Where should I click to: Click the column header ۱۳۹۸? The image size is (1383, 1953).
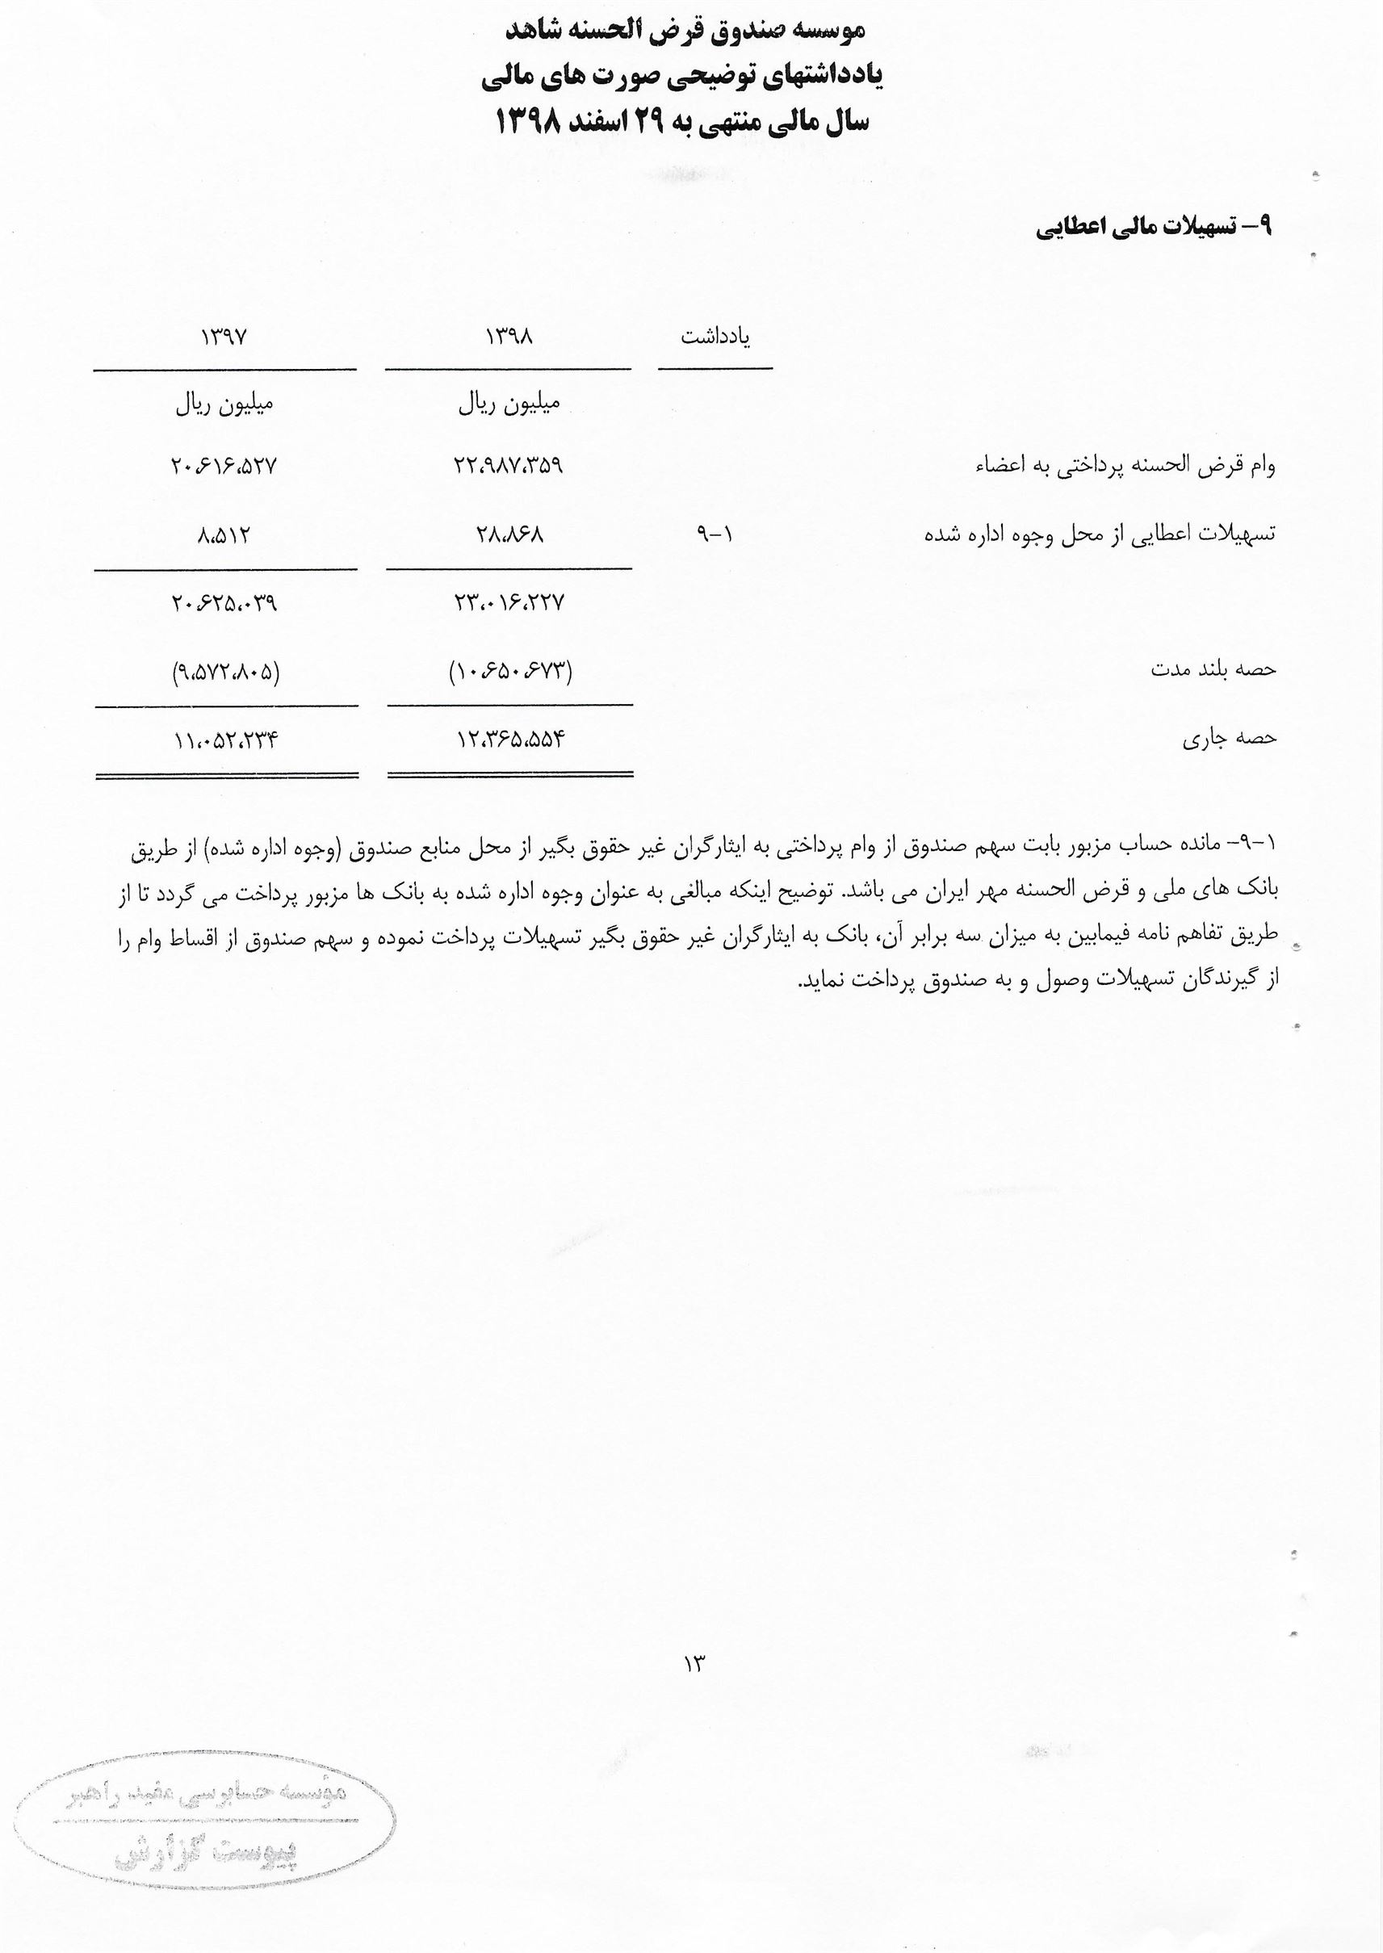tap(509, 337)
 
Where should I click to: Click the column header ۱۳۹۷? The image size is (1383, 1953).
tap(224, 337)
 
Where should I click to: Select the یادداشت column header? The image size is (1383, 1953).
tap(715, 337)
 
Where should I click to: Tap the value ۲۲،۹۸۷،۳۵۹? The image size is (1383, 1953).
tap(509, 466)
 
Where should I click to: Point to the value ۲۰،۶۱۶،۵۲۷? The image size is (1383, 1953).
tap(224, 466)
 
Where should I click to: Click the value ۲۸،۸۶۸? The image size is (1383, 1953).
tap(509, 534)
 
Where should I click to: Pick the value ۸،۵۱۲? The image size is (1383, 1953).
tap(224, 534)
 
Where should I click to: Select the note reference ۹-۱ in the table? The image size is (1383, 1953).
tap(715, 534)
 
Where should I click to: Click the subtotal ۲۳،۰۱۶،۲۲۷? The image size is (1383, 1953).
tap(509, 604)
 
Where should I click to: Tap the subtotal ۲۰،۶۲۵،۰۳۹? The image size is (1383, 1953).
tap(224, 604)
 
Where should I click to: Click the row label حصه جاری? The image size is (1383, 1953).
tap(1229, 738)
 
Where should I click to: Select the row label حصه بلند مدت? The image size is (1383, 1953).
tap(1213, 669)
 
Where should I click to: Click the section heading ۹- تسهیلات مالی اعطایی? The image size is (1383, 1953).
tap(1153, 228)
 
